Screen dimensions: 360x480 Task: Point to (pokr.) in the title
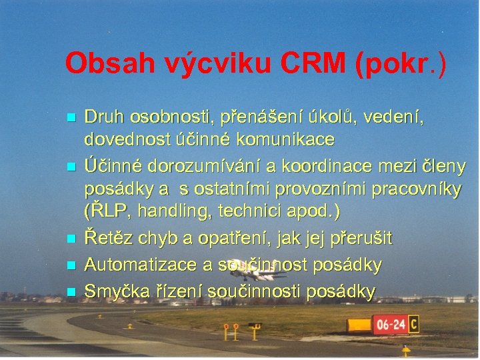pyautogui.click(x=401, y=64)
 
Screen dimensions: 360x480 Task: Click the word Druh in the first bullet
pyautogui.click(x=103, y=117)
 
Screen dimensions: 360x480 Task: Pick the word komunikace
pyautogui.click(x=284, y=141)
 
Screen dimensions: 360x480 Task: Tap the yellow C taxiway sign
pyautogui.click(x=414, y=324)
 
